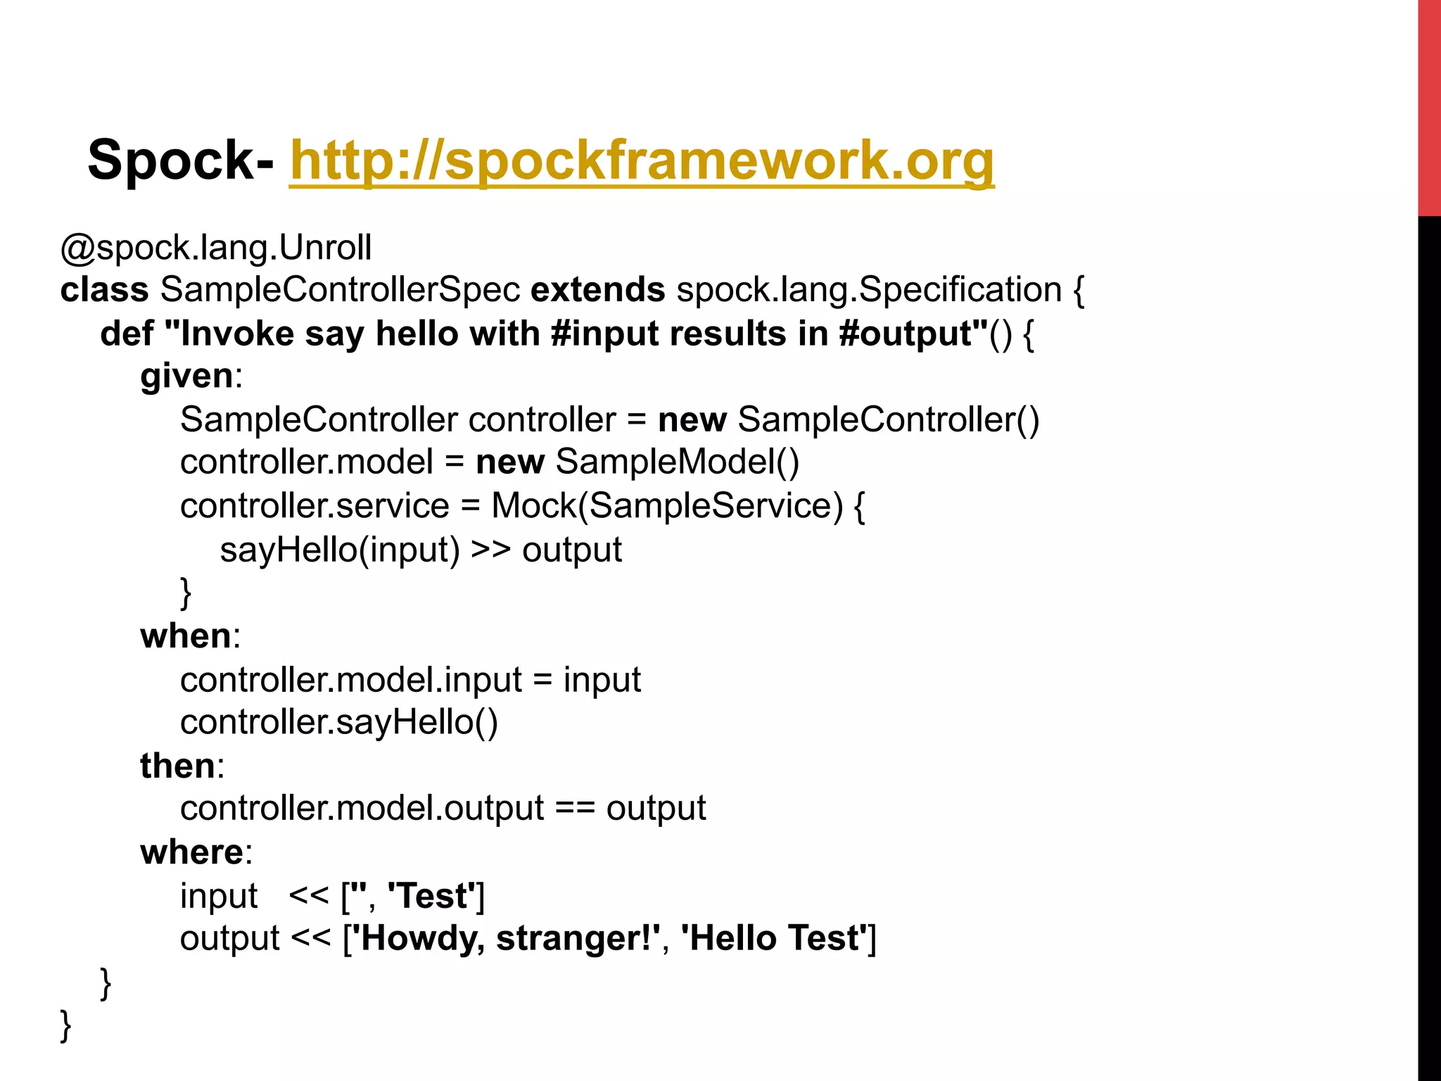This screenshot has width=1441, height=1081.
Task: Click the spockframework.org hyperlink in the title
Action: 642,160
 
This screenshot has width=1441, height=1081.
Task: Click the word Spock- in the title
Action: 180,160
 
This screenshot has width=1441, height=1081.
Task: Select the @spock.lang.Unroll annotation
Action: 216,248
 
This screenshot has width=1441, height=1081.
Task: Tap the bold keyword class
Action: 104,290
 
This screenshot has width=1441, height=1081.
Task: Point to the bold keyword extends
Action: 597,290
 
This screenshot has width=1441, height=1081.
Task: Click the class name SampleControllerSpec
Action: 340,290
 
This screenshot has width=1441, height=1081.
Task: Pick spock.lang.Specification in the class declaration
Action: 869,290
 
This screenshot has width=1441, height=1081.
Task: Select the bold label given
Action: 186,376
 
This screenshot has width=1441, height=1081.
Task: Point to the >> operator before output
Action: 490,550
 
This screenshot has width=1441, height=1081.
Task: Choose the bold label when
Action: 186,636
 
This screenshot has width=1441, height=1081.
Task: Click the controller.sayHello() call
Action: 339,723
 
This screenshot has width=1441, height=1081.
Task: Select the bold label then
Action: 177,766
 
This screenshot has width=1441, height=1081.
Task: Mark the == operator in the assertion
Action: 575,809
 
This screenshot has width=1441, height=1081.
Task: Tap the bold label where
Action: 191,852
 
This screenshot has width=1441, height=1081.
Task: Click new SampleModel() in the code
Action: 637,462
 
